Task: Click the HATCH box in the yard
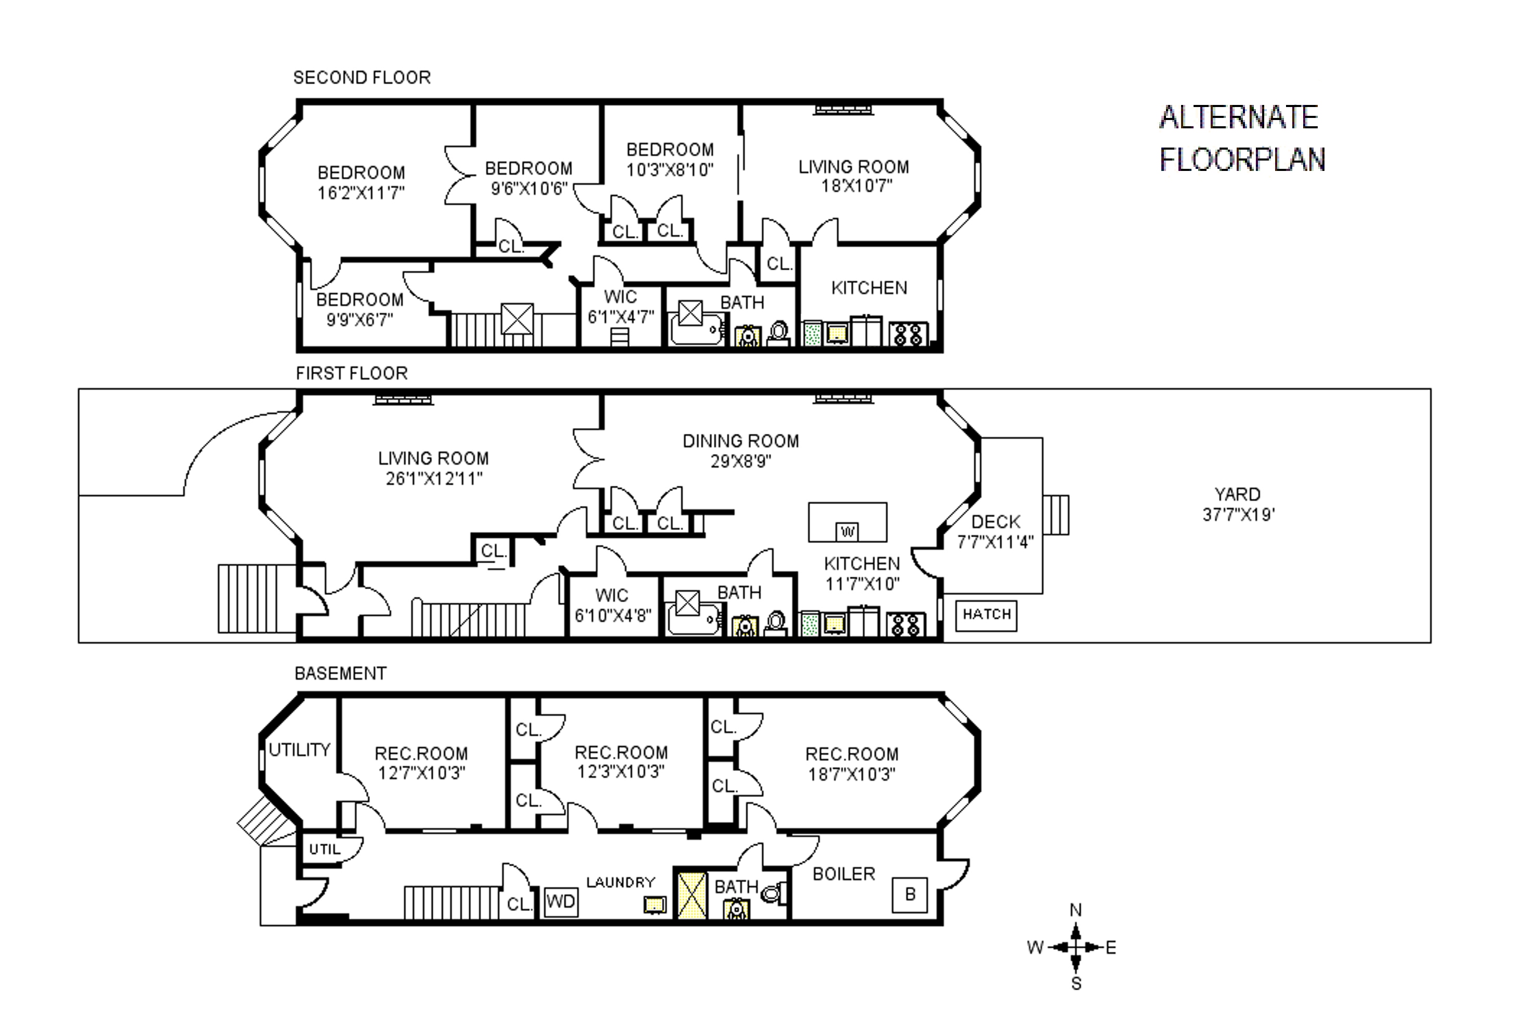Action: [986, 615]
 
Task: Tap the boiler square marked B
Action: [909, 895]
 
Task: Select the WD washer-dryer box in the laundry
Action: [561, 901]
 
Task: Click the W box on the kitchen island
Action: [847, 532]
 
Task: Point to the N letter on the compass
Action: [1076, 910]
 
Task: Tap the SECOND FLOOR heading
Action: [362, 77]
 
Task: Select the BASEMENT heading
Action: [340, 673]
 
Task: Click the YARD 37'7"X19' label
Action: [1238, 504]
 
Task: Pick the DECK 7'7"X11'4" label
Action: [995, 532]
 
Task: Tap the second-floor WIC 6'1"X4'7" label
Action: [620, 307]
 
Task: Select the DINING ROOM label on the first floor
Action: [740, 441]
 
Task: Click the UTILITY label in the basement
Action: [299, 750]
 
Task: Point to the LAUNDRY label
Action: [620, 882]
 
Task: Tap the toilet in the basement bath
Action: [774, 892]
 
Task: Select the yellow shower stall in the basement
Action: [692, 895]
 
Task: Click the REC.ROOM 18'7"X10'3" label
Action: [852, 764]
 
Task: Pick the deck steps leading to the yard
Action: [1056, 515]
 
